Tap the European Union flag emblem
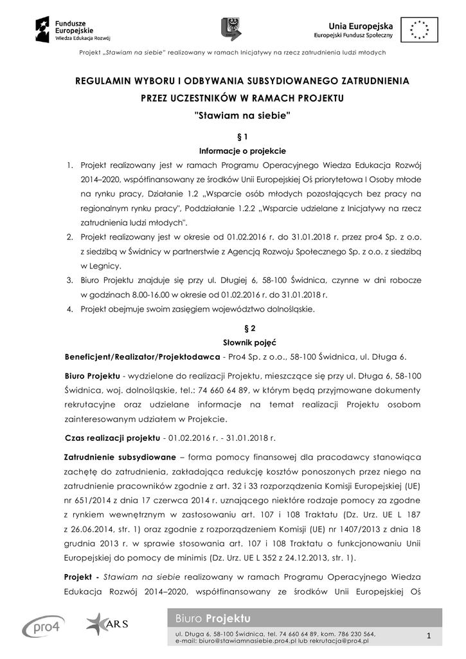[x=420, y=29]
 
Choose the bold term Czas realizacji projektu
[x=112, y=438]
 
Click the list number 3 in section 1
[x=71, y=281]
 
